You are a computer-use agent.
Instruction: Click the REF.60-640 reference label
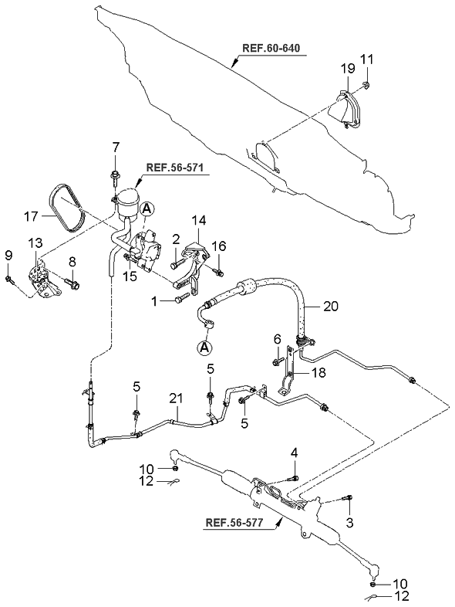(x=271, y=49)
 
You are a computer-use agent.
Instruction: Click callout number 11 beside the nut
(x=367, y=59)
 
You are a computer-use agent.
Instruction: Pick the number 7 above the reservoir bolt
(x=116, y=147)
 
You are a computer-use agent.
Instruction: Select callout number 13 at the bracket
(x=35, y=243)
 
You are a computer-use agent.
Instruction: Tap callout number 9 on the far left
(x=8, y=256)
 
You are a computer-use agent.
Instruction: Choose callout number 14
(x=197, y=220)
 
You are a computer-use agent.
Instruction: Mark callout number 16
(x=219, y=246)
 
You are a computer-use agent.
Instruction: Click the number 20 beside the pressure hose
(x=330, y=306)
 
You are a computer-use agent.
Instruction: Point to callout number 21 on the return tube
(x=176, y=398)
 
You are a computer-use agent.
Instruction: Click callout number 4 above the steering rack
(x=294, y=452)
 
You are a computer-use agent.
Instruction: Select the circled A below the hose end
(x=205, y=348)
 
